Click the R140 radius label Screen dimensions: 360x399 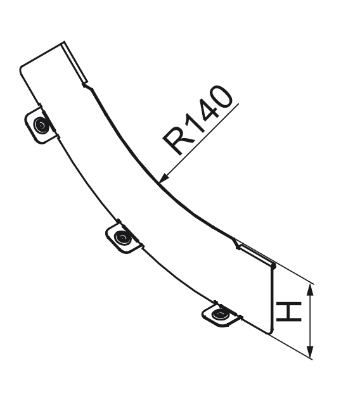197,120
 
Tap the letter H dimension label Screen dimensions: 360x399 288,312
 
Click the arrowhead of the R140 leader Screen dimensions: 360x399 164,177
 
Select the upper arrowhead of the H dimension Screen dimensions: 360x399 310,289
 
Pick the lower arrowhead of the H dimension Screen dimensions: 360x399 310,352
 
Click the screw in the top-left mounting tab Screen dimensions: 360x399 41,125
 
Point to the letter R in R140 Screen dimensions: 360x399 176,141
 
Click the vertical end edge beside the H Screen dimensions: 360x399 271,300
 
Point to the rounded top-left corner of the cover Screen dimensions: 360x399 22,68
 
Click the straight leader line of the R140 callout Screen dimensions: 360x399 199,143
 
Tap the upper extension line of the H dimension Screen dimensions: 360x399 293,274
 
